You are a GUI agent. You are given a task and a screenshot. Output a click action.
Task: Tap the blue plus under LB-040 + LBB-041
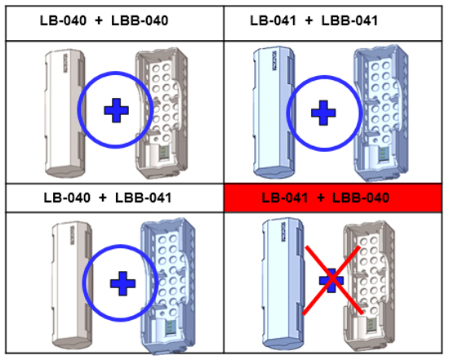[122, 283]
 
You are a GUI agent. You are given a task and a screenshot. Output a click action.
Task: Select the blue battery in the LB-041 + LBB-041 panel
[278, 110]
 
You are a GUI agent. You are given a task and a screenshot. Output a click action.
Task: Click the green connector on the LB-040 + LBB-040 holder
[164, 152]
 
